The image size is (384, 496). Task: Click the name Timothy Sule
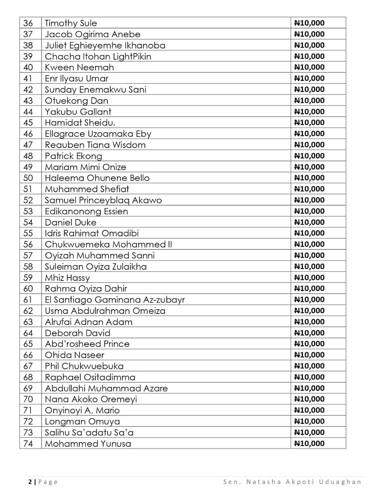[x=71, y=23]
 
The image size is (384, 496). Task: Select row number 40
[x=28, y=67]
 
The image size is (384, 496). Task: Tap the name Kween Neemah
[x=79, y=67]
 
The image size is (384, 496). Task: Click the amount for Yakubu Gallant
[x=309, y=112]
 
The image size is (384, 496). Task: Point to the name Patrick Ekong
[x=73, y=156]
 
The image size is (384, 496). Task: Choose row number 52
[x=28, y=200]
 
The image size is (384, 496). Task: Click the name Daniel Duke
[x=71, y=222]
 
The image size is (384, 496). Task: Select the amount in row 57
[x=309, y=255]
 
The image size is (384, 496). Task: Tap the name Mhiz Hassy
[x=67, y=278]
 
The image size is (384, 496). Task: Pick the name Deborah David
[x=78, y=333]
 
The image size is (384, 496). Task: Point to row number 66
[x=28, y=355]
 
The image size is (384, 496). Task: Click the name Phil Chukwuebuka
[x=84, y=366]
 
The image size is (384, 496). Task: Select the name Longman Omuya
[x=82, y=422]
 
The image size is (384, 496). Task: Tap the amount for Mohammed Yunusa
[x=309, y=444]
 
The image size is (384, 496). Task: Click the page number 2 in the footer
[x=30, y=482]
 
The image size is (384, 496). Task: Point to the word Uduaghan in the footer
[x=340, y=482]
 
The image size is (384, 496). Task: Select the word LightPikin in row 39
[x=132, y=57]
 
